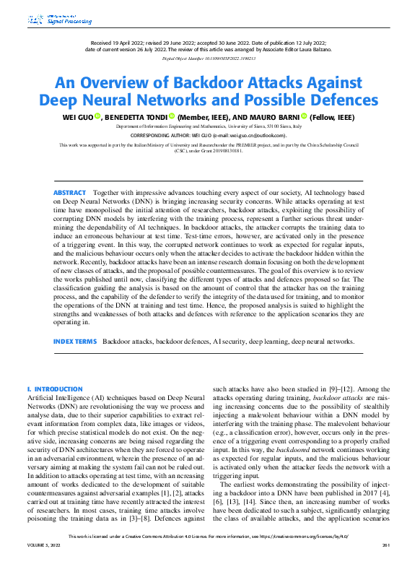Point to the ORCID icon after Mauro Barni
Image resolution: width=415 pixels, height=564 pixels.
[x=304, y=116]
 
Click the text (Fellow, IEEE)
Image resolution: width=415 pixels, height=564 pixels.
[x=331, y=116]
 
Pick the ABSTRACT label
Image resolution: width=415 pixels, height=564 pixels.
[x=70, y=173]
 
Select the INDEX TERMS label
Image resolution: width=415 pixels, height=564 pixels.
[x=75, y=340]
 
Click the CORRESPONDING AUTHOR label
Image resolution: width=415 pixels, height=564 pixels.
[x=159, y=135]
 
